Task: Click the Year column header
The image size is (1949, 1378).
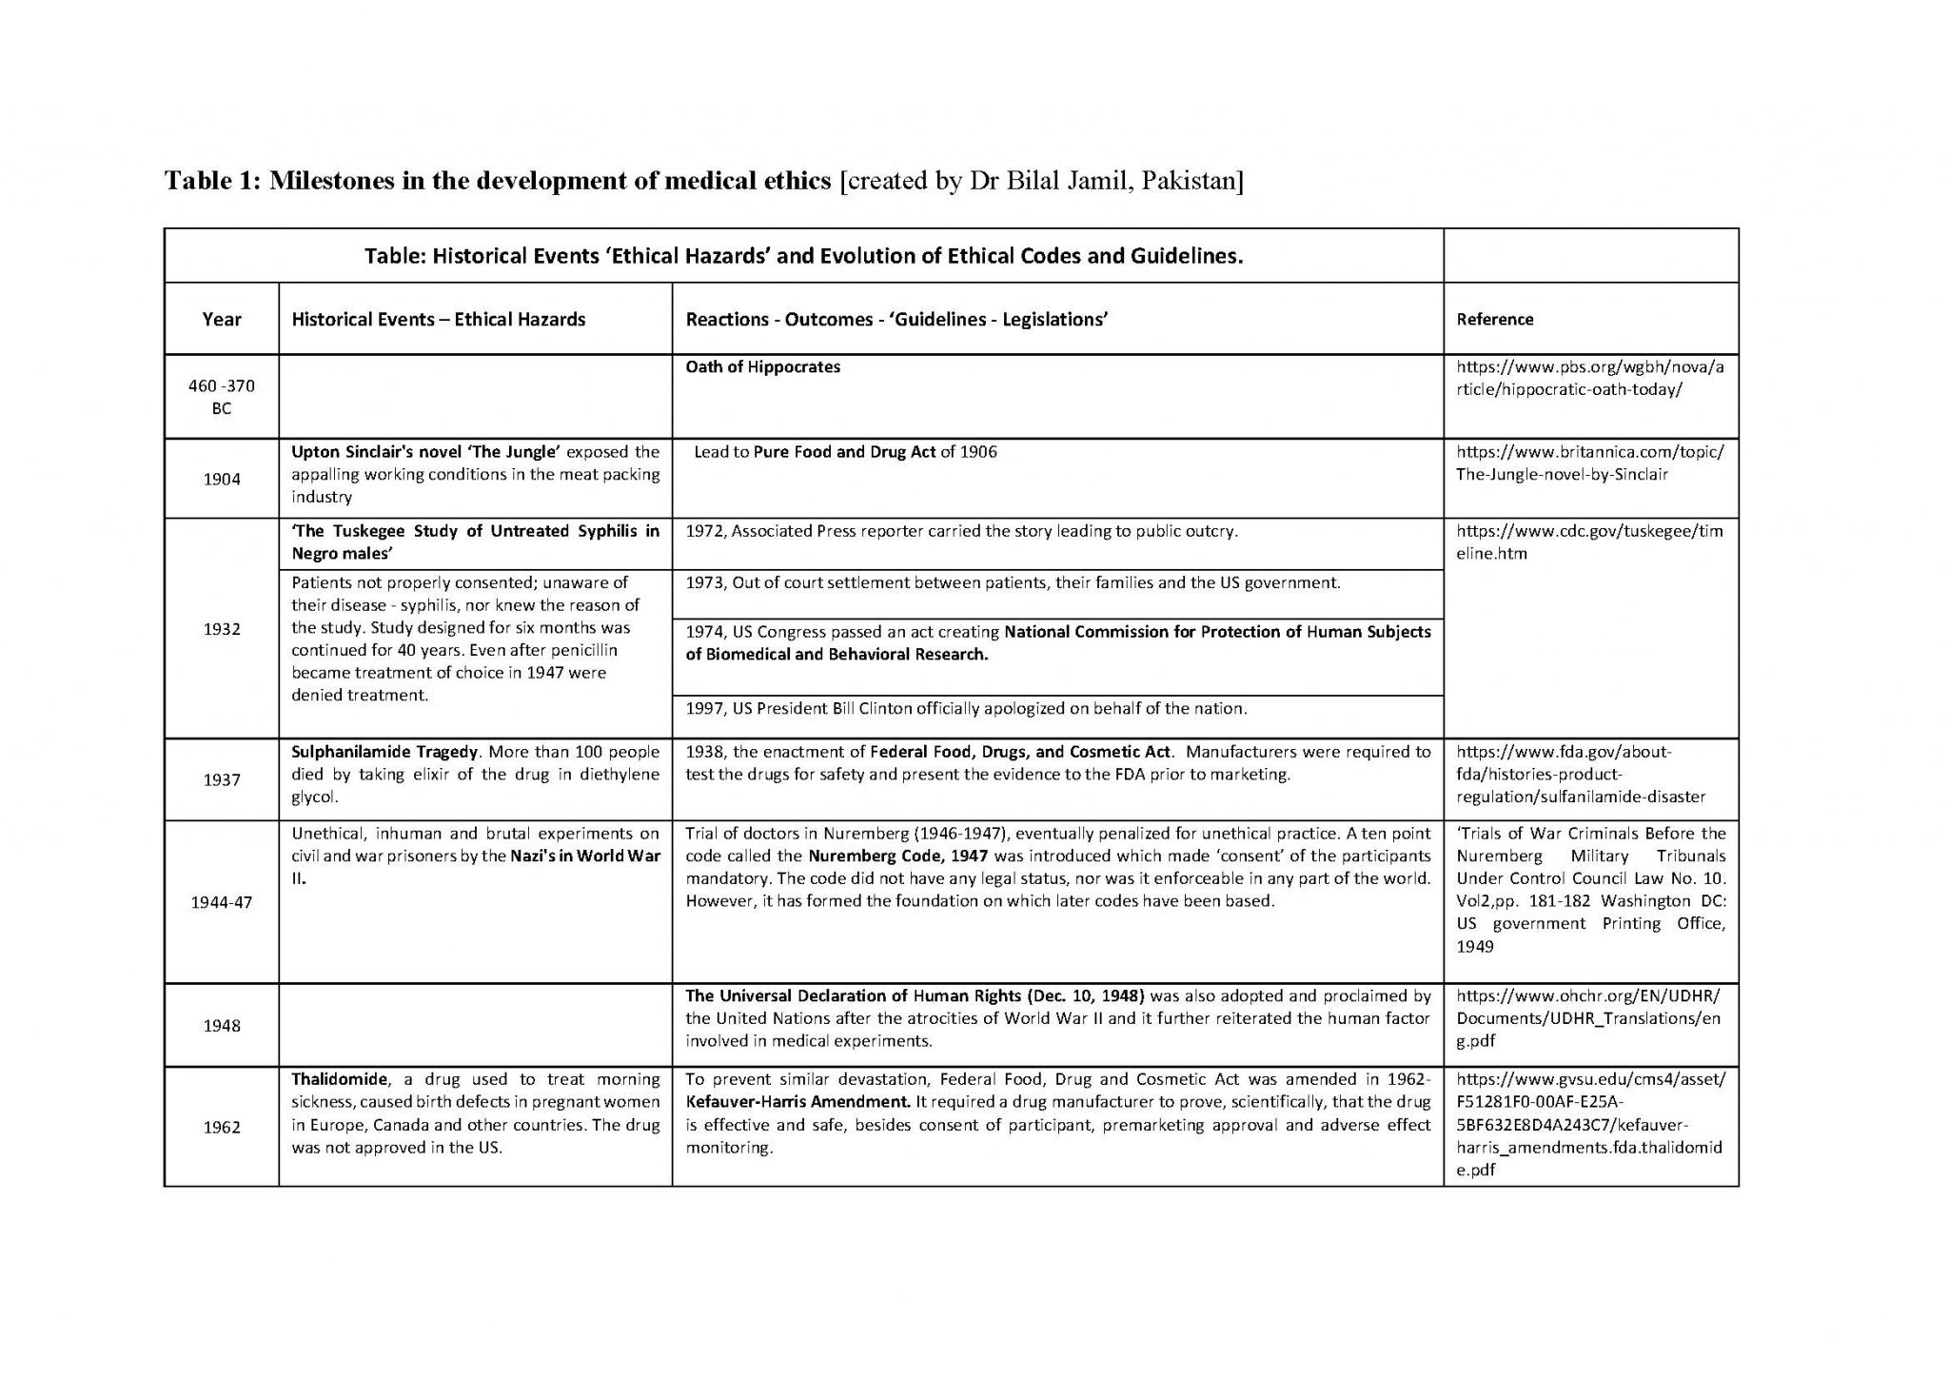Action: click(x=221, y=320)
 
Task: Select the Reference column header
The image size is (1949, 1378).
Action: click(x=1494, y=320)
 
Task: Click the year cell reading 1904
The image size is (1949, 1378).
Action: click(x=221, y=479)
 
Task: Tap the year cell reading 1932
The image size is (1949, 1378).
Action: click(x=221, y=629)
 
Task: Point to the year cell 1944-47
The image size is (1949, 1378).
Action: click(x=221, y=902)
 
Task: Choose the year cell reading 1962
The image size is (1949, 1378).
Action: click(x=221, y=1128)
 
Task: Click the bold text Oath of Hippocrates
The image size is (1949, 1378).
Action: click(x=762, y=367)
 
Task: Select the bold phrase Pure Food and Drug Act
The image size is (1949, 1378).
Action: click(x=844, y=452)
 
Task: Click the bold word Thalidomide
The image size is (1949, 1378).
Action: click(x=340, y=1079)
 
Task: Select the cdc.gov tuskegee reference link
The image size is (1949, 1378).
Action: click(x=1588, y=542)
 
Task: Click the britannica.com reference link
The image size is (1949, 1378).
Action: click(x=1588, y=463)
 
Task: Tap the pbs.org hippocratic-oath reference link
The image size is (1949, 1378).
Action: click(x=1588, y=379)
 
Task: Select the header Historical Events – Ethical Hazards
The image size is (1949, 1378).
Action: click(x=438, y=320)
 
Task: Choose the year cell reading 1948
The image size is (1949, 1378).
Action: click(x=221, y=1026)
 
